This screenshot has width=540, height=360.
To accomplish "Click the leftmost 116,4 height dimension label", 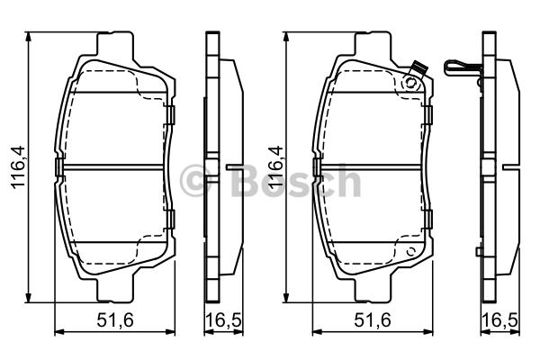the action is [18, 167].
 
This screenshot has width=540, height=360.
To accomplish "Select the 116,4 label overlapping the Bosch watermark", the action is [276, 167].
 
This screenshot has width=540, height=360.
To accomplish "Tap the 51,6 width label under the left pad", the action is [115, 320].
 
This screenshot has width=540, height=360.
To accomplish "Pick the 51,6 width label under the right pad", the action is [373, 320].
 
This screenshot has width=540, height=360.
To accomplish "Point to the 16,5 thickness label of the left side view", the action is [224, 320].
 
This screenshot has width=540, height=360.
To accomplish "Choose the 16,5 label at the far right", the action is [500, 320].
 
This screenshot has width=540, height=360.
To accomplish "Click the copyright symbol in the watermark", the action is [195, 181].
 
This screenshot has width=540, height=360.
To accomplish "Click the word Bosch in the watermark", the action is [295, 181].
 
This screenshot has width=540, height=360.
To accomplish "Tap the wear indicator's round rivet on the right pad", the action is [409, 83].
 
